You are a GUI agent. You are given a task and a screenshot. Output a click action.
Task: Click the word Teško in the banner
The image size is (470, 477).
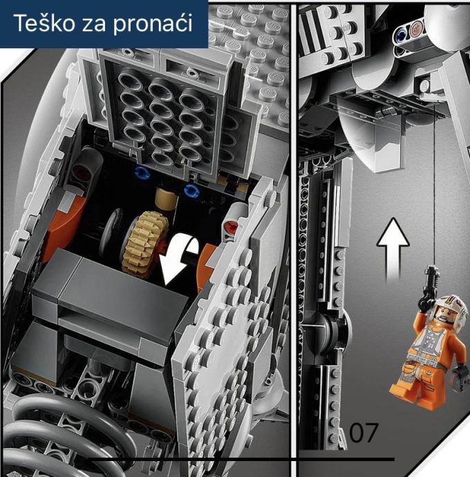[44, 23]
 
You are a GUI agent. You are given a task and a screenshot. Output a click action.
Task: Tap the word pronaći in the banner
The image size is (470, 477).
[153, 24]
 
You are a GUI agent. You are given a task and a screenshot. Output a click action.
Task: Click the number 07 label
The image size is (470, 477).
[364, 432]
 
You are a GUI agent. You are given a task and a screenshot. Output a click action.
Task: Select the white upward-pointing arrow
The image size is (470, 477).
[393, 250]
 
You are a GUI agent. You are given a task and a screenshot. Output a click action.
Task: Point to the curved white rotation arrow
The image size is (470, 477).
[180, 259]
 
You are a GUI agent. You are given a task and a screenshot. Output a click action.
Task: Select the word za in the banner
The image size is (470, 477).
[94, 25]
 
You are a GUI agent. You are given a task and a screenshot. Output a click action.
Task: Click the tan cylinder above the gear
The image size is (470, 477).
[166, 199]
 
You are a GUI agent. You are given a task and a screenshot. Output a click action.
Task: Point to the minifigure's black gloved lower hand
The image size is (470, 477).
[462, 373]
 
